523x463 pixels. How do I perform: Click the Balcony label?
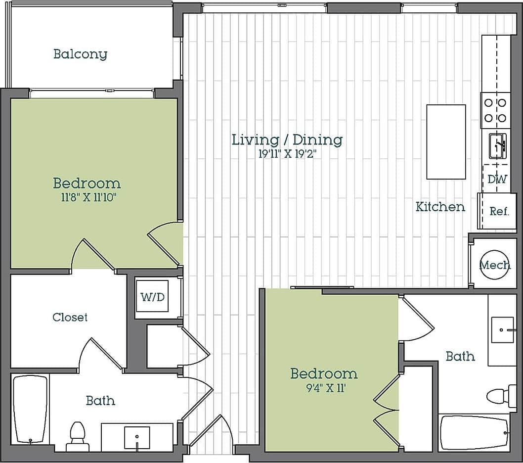80,54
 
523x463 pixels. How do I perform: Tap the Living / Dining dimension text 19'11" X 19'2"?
287,154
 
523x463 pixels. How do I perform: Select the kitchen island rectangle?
446,142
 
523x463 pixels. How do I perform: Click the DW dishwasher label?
497,180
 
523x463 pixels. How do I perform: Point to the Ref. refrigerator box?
499,211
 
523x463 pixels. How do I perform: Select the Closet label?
70,318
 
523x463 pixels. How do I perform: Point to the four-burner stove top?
495,110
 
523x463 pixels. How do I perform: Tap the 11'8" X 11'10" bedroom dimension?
87,198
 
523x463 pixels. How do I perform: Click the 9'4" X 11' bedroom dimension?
324,388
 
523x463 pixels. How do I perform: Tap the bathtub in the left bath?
30,410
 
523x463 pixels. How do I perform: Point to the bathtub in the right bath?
475,433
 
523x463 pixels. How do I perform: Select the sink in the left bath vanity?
137,438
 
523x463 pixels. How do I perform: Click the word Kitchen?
440,207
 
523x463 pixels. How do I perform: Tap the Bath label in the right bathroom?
460,356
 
